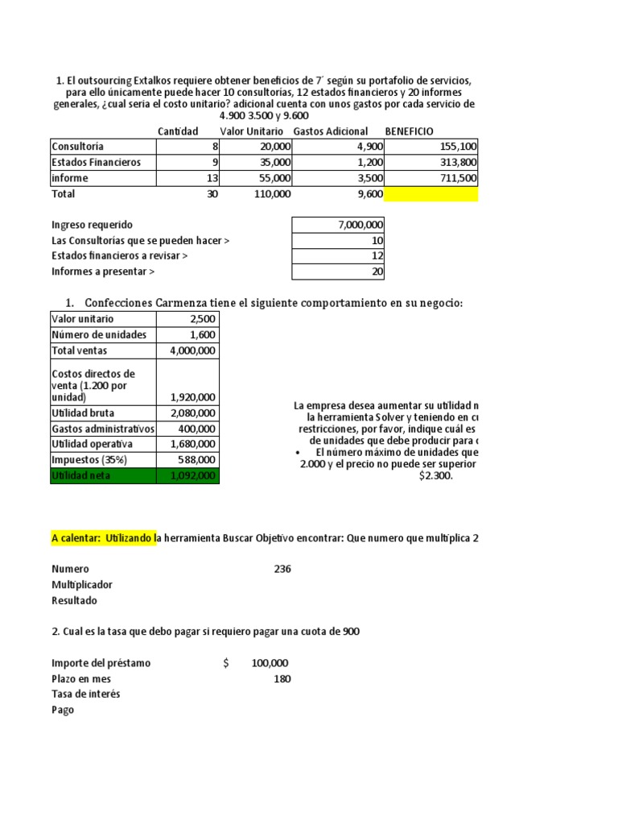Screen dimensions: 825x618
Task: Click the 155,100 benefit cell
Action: [x=459, y=147]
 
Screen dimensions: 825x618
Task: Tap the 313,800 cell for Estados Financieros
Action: [x=459, y=162]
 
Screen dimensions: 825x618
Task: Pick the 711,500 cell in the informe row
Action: [x=459, y=178]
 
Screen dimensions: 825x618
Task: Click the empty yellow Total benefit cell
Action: [x=431, y=194]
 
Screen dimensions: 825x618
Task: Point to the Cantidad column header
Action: [x=178, y=131]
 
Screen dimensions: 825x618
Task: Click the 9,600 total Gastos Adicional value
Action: [x=368, y=194]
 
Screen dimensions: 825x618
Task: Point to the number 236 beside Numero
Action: [x=282, y=569]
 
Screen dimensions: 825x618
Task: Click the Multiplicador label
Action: [x=82, y=585]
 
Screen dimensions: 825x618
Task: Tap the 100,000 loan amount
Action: [x=270, y=663]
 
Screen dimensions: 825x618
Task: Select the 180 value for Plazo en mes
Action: [x=282, y=679]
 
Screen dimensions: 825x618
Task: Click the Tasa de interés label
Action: [x=86, y=694]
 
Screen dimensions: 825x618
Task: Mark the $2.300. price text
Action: [x=436, y=476]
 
